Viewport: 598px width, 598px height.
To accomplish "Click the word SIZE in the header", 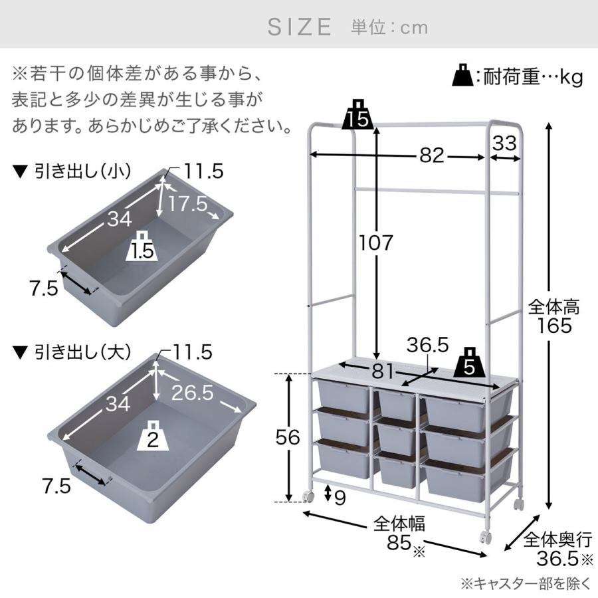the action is point(300,27).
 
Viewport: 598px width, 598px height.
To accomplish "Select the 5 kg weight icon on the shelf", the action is point(470,362).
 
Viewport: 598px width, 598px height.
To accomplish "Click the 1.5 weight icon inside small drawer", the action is point(142,247).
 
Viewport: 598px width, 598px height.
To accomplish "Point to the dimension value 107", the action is point(376,243).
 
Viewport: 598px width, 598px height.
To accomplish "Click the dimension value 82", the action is point(432,155).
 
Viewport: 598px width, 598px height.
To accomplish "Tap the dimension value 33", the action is point(504,144).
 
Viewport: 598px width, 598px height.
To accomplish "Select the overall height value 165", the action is point(554,326).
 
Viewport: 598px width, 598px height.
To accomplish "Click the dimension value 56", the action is point(288,437).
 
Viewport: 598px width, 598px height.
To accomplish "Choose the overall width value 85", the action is point(399,542).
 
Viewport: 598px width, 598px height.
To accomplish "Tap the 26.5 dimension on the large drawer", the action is point(192,392).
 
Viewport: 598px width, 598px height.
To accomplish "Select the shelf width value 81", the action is point(383,370).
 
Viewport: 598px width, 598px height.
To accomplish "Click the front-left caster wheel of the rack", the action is point(308,496).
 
